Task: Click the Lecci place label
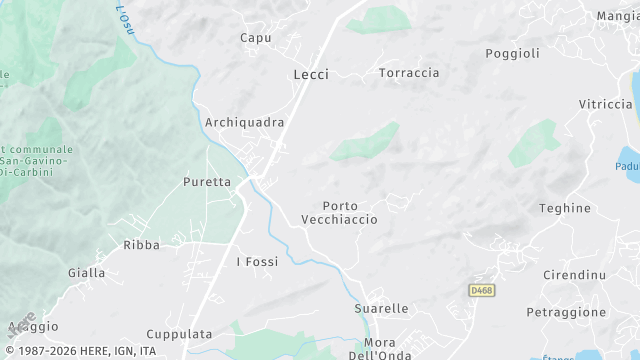click(311, 74)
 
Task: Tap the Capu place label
click(256, 38)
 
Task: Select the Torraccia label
click(409, 73)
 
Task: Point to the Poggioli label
click(512, 53)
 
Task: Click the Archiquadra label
click(244, 122)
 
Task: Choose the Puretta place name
click(207, 182)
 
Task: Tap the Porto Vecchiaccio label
click(340, 212)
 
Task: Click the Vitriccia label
click(606, 104)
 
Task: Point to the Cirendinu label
click(574, 274)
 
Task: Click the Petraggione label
click(566, 312)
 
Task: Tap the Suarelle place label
click(381, 309)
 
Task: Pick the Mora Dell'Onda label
click(374, 348)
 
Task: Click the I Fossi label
click(257, 262)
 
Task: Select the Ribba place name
click(141, 245)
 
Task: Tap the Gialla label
click(86, 272)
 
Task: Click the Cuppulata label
click(179, 334)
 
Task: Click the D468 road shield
click(481, 290)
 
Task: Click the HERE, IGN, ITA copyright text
click(80, 351)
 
